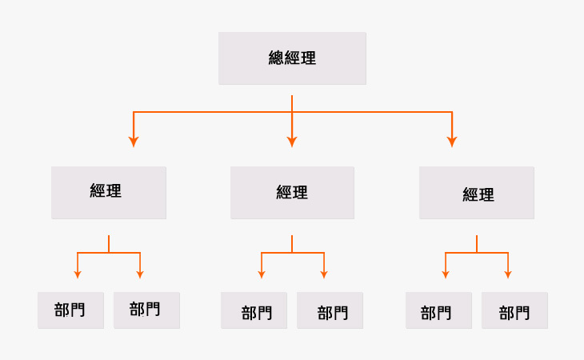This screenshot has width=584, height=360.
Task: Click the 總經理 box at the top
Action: pos(292,58)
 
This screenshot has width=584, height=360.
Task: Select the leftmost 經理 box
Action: pos(109,193)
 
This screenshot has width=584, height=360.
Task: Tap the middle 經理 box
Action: pos(292,193)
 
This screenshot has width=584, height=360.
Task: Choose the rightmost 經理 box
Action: pos(477,193)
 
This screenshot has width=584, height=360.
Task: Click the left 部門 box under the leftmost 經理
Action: pos(70,310)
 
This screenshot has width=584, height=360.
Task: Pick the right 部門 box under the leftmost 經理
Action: pos(146,310)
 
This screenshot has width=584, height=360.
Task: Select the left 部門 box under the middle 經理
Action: pos(254,310)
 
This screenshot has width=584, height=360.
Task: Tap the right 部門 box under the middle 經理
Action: pos(330,310)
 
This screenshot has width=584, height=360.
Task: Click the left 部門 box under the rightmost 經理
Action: pos(438,310)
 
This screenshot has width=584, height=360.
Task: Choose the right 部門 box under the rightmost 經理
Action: pos(514,310)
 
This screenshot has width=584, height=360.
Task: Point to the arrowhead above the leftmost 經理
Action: pos(134,142)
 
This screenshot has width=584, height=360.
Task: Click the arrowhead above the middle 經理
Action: pos(292,142)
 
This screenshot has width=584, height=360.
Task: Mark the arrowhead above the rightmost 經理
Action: pos(452,142)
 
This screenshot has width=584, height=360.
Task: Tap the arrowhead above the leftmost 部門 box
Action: pos(78,274)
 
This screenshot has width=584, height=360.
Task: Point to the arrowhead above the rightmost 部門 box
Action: pos(508,274)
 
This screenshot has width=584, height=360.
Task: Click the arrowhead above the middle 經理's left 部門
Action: pos(261,274)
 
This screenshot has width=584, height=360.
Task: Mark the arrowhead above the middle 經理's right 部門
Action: pos(324,274)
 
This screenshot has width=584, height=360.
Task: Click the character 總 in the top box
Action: pos(276,58)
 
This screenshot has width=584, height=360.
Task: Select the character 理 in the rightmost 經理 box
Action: pos(486,194)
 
